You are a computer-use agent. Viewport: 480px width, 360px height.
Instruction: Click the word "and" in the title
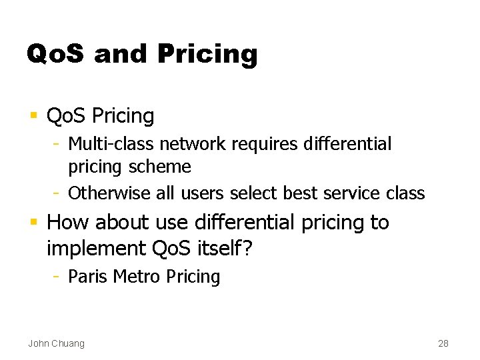[121, 53]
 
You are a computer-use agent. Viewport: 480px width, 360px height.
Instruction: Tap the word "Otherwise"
[109, 193]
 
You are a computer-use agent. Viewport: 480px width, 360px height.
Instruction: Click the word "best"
[301, 193]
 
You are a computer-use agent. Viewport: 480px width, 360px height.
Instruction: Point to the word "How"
[66, 222]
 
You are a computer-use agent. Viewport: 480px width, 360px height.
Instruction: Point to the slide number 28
[443, 343]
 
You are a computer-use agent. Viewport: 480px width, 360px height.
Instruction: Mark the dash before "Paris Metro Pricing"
[58, 277]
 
